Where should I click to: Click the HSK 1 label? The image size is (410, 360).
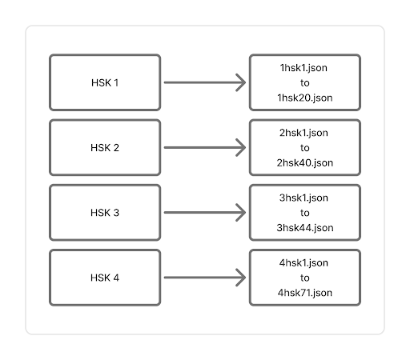(x=105, y=82)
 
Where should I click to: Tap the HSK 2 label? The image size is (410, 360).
(x=105, y=148)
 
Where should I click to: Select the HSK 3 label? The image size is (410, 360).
(x=105, y=213)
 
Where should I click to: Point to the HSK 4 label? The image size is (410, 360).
(x=105, y=278)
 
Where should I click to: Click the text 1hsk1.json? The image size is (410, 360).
(x=303, y=68)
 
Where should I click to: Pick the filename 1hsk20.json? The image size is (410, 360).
(x=305, y=98)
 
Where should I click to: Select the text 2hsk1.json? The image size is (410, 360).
(x=303, y=133)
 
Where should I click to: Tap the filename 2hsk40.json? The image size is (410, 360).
(x=305, y=163)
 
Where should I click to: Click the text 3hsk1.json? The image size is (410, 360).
(x=303, y=198)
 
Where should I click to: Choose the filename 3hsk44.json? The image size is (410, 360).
(x=305, y=228)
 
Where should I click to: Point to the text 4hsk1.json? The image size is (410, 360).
(x=303, y=263)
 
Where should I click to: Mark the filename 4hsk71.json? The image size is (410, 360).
(x=305, y=293)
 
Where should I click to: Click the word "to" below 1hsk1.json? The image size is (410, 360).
(x=305, y=83)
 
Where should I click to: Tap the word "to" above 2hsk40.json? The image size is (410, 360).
(x=305, y=148)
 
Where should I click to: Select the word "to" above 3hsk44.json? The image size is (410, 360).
(x=305, y=213)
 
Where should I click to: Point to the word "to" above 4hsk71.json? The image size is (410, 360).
(x=305, y=278)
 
